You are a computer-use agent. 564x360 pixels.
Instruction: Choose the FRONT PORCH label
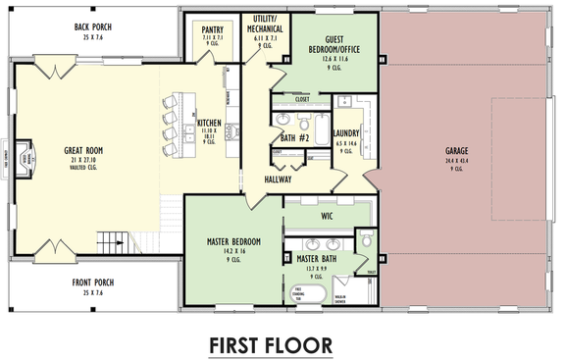tap(93, 283)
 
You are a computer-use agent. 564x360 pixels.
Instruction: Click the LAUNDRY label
tap(346, 133)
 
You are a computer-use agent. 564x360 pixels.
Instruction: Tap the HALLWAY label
tap(283, 180)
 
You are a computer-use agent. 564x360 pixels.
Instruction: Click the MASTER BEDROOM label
tap(232, 241)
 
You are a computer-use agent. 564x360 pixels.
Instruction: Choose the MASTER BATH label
tap(318, 259)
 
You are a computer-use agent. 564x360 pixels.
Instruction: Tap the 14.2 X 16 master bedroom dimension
tap(232, 252)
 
